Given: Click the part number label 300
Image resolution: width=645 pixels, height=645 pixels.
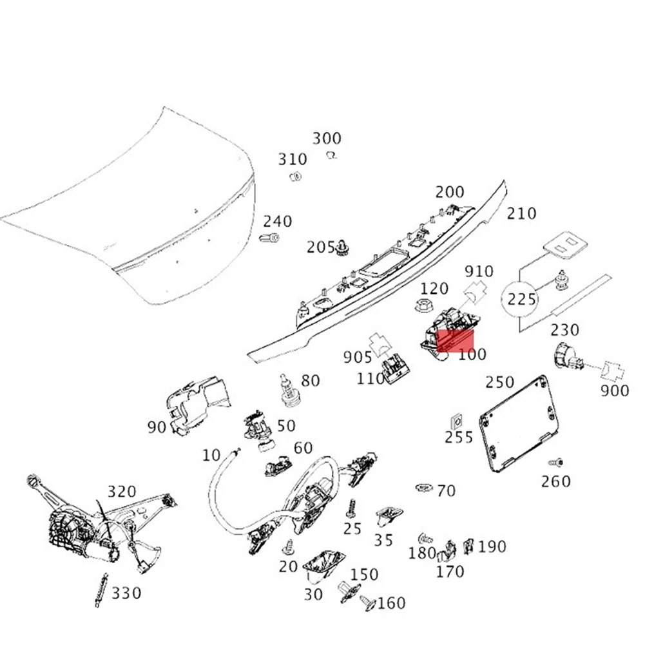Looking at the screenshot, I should [327, 139].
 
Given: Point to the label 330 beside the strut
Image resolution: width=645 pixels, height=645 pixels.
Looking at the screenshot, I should [126, 593].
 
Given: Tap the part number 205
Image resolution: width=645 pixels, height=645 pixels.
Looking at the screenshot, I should [320, 247].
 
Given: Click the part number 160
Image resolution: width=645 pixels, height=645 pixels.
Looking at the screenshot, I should [391, 603].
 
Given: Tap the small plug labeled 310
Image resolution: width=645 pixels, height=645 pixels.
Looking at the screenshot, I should [297, 176].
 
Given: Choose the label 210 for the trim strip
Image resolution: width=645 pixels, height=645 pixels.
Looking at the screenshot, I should [521, 213].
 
